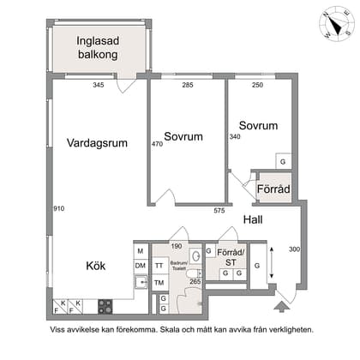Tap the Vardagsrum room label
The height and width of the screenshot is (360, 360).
point(97,144)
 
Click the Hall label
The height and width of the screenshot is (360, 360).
point(252,220)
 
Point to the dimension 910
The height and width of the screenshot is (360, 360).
point(58,208)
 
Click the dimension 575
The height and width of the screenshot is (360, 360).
point(219,210)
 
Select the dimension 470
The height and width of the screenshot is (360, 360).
point(157,144)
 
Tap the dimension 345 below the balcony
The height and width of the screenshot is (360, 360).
point(99,85)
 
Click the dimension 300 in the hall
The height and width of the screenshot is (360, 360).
point(294,249)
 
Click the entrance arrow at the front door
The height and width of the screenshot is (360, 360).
point(279,303)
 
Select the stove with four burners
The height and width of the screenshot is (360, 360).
point(106,304)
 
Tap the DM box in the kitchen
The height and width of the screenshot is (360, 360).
point(141,266)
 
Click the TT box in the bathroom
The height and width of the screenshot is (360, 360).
point(159,266)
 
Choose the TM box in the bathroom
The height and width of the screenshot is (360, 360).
point(159,281)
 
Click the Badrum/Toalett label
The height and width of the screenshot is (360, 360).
point(177,266)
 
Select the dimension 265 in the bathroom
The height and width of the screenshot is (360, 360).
point(195,281)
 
